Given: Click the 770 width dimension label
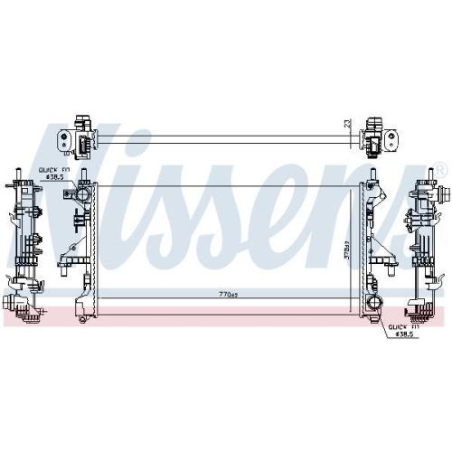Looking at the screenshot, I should pyautogui.click(x=227, y=294).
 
